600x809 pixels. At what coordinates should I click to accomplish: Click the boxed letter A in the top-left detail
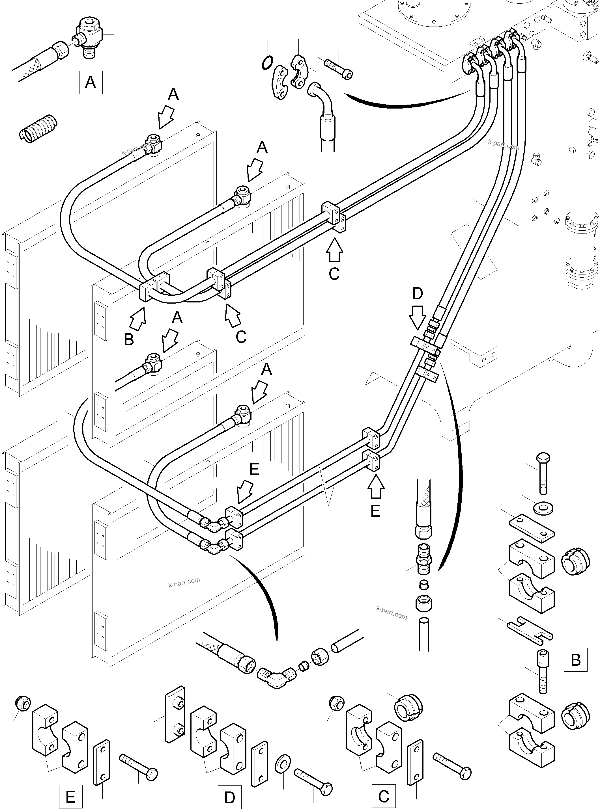coord(91,82)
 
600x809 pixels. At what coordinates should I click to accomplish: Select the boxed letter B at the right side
coord(575,659)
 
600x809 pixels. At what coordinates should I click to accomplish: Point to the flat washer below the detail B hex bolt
coord(543,508)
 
